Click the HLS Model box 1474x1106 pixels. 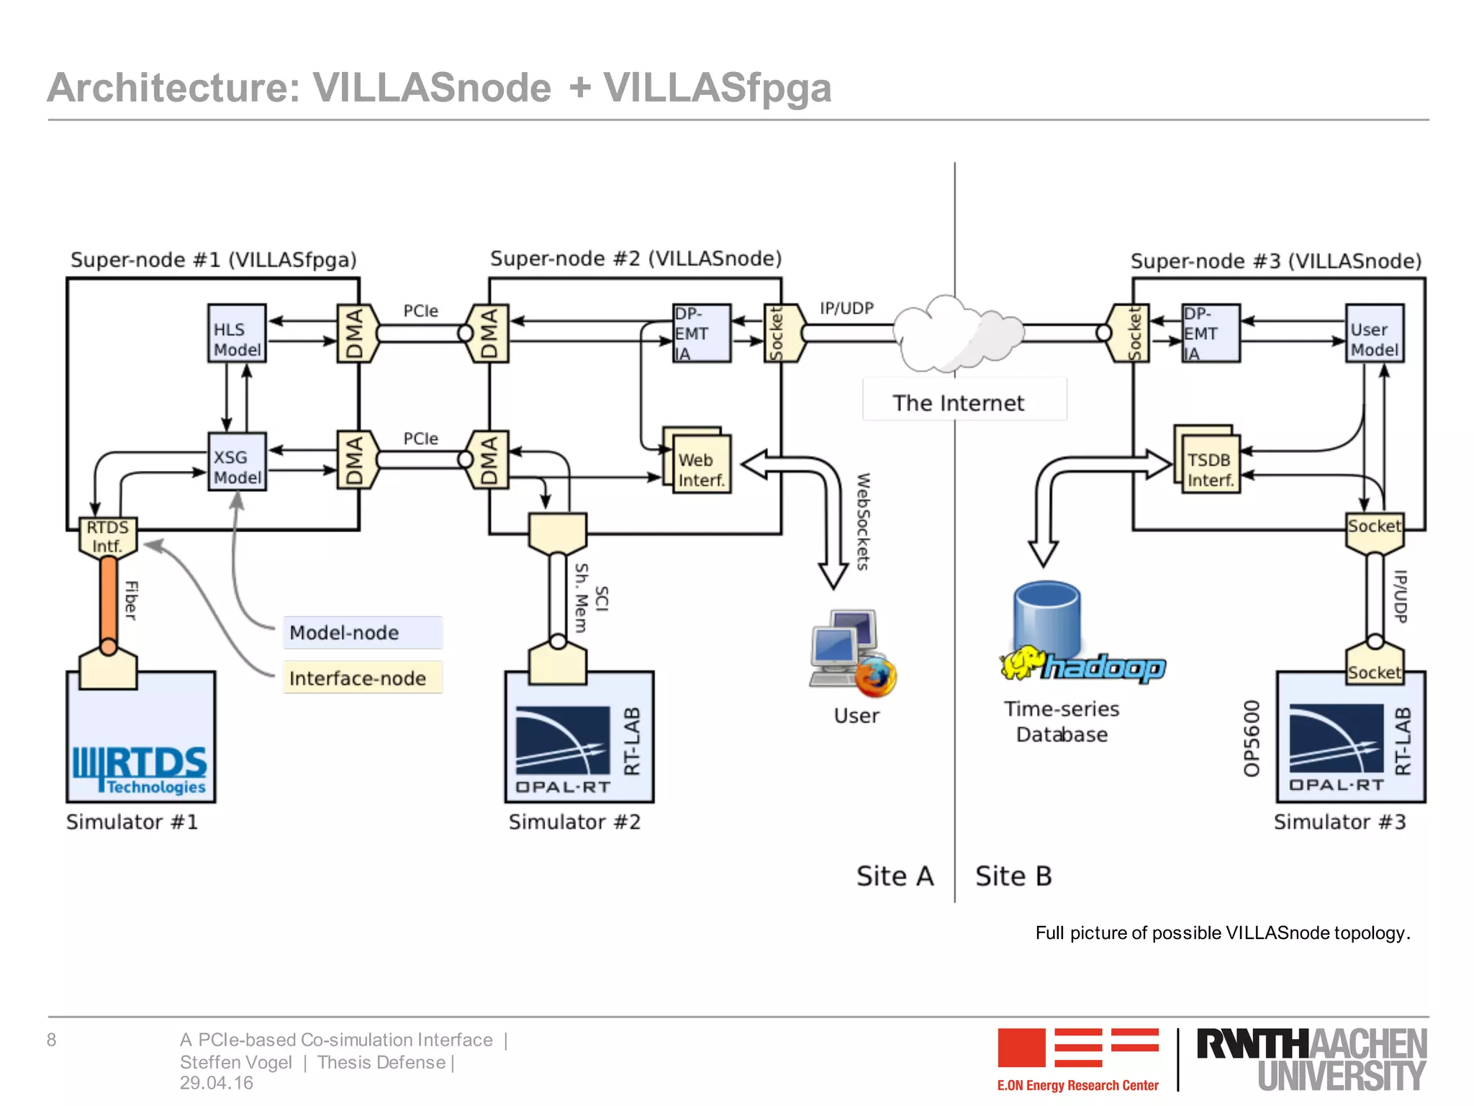tap(237, 333)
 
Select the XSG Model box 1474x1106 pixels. tap(237, 462)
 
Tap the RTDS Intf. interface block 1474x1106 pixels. tap(107, 537)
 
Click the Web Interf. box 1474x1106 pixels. tap(701, 464)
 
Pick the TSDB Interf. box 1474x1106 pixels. tap(1209, 464)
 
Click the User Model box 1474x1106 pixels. tap(1374, 333)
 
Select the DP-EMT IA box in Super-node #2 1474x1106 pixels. tap(701, 333)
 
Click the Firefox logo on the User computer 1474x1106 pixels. tap(876, 677)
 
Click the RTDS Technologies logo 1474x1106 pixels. tap(140, 770)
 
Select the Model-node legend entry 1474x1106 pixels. tap(362, 633)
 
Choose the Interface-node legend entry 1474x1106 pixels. tap(362, 678)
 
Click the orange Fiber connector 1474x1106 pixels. tap(108, 598)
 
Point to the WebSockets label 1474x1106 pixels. tap(863, 521)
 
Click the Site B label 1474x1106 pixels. tap(1013, 876)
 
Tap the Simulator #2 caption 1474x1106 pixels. tap(574, 822)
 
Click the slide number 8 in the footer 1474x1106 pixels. tap(52, 1040)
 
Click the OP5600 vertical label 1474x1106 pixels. tap(1252, 739)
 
